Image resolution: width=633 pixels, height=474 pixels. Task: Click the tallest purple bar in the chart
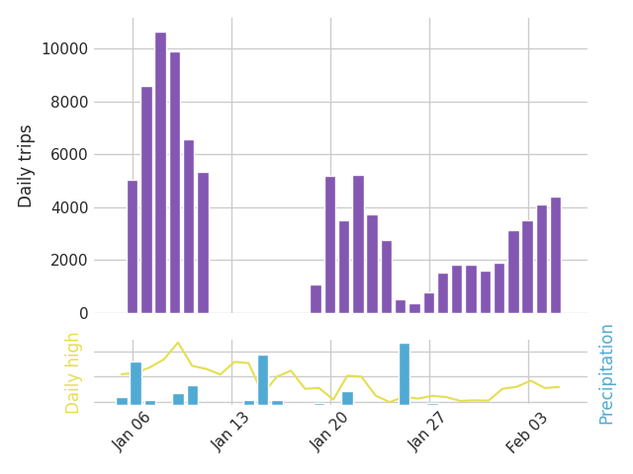point(160,173)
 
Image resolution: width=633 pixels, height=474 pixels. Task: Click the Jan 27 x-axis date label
point(429,432)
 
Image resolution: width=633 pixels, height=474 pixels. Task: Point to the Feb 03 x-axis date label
point(528,432)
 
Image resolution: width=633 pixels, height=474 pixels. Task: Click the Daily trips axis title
point(27,166)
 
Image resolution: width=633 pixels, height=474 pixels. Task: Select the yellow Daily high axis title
point(73,372)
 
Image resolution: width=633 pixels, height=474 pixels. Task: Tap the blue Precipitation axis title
point(606,373)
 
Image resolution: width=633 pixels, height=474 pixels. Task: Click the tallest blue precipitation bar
point(404,373)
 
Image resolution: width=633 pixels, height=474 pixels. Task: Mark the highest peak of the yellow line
point(178,343)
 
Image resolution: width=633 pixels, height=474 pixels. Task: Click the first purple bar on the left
point(133,247)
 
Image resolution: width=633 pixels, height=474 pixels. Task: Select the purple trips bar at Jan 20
point(330,245)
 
